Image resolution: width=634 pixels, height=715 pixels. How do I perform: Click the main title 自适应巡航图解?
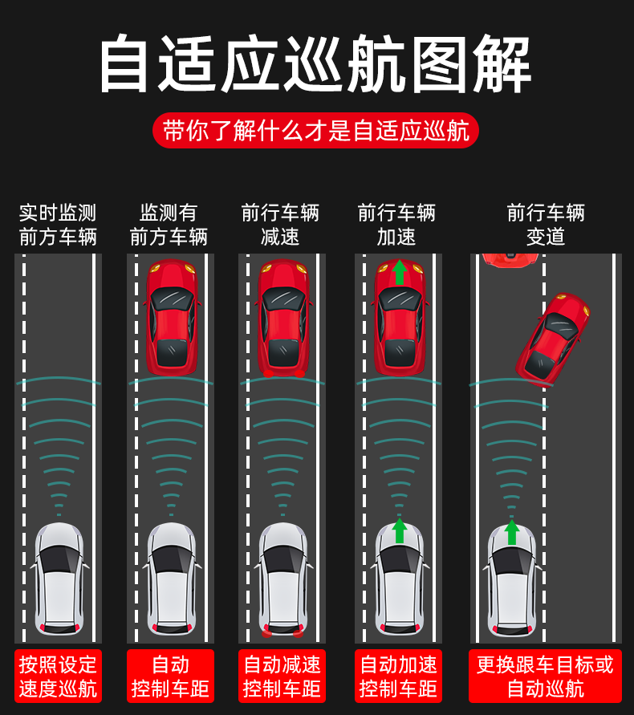click(315, 63)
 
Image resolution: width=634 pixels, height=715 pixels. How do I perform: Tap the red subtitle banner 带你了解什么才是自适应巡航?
click(315, 131)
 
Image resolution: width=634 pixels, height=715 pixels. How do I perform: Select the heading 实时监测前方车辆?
click(58, 225)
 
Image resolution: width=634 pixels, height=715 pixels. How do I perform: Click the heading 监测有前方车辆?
click(169, 225)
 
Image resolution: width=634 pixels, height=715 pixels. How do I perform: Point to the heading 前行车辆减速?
click(280, 225)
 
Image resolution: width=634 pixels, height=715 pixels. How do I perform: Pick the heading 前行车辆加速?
click(396, 225)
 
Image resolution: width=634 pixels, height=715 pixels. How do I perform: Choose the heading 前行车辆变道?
click(546, 225)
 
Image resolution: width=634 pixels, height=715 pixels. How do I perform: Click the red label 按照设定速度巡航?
click(58, 676)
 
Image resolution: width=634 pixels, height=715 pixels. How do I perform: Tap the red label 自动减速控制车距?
click(282, 676)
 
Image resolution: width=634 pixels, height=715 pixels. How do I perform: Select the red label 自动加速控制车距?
click(398, 676)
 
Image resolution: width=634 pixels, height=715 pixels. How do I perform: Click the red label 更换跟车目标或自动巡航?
click(545, 676)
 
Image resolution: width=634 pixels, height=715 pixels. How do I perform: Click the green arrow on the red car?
click(400, 273)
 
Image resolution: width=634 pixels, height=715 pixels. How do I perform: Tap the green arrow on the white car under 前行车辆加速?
click(400, 530)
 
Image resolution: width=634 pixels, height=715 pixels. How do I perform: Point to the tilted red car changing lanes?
click(552, 339)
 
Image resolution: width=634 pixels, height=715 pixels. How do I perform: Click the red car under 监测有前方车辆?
click(172, 317)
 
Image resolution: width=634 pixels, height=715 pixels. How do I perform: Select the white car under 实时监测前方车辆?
click(59, 579)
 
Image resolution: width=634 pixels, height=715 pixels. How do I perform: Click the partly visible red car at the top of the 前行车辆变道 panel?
click(510, 260)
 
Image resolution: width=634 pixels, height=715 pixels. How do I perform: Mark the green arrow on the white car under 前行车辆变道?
click(512, 532)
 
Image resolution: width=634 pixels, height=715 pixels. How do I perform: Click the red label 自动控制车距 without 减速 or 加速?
click(170, 676)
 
